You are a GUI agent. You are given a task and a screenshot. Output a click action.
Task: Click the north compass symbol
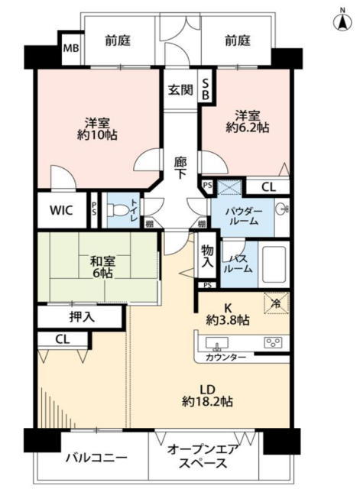[342, 21]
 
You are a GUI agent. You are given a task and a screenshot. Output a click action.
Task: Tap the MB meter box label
[71, 48]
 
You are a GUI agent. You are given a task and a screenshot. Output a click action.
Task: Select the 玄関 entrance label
[180, 90]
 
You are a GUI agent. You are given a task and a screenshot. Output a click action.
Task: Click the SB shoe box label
[206, 89]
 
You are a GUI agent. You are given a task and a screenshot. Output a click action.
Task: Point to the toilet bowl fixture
[118, 209]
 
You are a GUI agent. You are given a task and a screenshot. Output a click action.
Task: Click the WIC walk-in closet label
[61, 210]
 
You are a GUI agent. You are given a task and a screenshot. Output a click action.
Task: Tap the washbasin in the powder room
[282, 209]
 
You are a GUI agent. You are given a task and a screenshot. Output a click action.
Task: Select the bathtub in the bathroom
[274, 264]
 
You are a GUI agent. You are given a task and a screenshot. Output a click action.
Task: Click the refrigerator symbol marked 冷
[277, 303]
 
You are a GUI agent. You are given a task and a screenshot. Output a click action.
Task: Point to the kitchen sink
[217, 343]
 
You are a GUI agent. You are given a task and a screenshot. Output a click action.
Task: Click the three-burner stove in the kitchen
[273, 342]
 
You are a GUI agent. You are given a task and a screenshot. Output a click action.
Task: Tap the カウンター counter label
[225, 357]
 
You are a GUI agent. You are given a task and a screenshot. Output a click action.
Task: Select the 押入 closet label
[82, 317]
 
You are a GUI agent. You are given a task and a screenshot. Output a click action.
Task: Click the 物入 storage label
[207, 256]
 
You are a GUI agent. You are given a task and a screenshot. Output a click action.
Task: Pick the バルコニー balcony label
[96, 458]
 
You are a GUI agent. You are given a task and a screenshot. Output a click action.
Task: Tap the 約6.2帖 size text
[248, 128]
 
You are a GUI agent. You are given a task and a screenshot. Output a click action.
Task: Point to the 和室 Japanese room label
[102, 261]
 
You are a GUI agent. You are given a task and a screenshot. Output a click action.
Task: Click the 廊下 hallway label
[180, 168]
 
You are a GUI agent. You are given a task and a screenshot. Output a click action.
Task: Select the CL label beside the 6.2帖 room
[268, 187]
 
